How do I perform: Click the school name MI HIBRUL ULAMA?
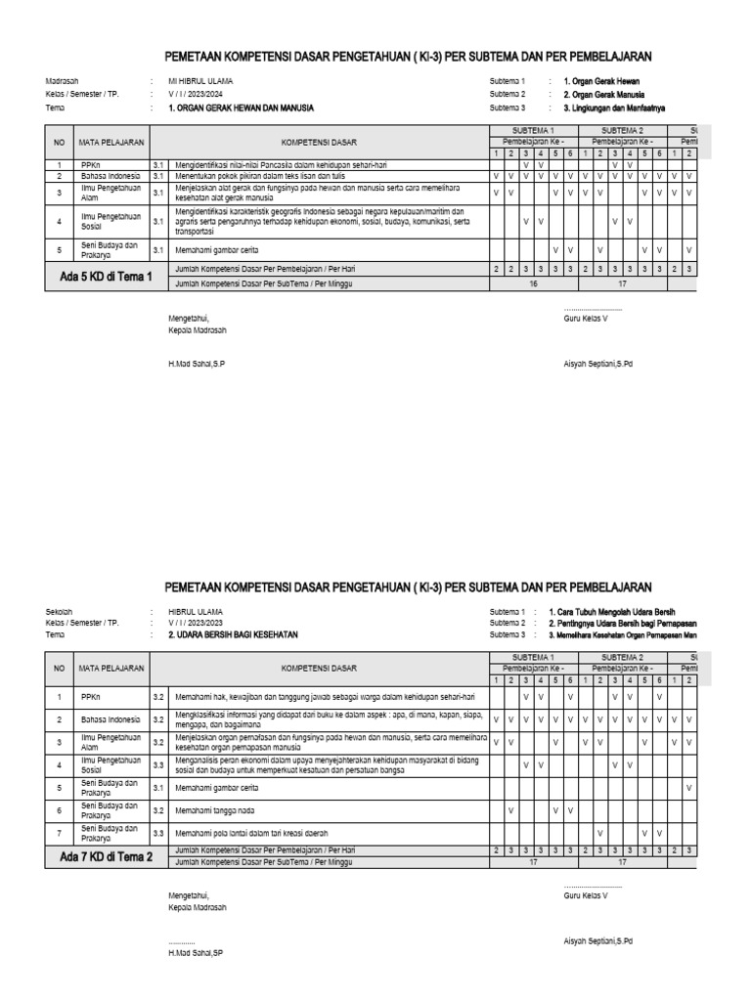click(201, 81)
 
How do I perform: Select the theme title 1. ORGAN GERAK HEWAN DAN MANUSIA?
click(242, 109)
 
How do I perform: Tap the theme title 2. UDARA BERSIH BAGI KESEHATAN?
click(233, 634)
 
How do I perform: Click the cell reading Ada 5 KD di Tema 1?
click(107, 277)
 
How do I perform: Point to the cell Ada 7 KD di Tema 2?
click(107, 856)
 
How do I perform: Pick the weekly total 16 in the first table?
click(533, 283)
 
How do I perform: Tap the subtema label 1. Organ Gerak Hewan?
click(601, 81)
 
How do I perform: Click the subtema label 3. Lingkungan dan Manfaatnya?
click(614, 109)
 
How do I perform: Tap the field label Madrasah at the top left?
click(63, 81)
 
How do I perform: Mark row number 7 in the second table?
click(60, 833)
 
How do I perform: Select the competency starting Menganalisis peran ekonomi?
click(322, 764)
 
